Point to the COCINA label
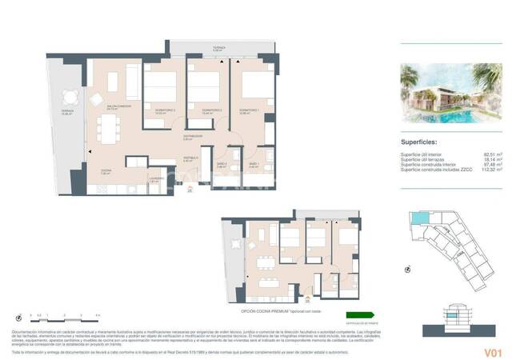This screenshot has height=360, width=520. (106, 171)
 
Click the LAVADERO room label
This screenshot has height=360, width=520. (156, 178)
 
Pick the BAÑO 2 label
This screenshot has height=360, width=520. (222, 164)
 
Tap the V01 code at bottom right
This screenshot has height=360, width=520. (492, 350)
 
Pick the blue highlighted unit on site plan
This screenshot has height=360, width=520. (417, 218)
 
